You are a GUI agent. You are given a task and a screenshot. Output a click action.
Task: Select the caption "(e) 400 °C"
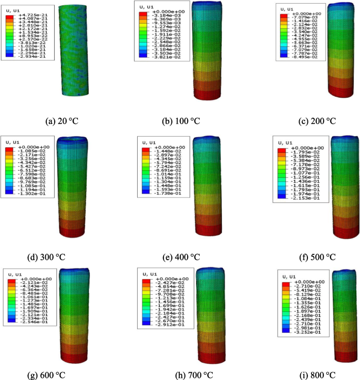[x=180, y=256]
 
